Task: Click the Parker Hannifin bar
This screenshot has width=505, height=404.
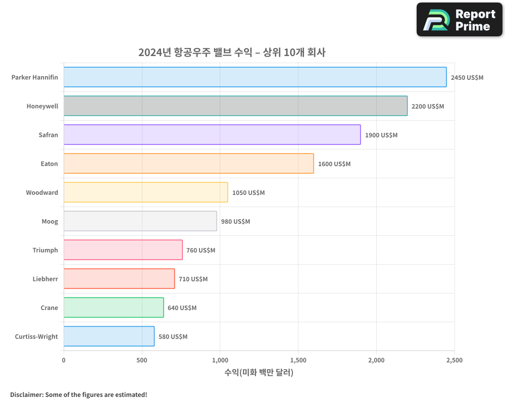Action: (x=255, y=77)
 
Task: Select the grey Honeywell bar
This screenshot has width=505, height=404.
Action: (x=235, y=106)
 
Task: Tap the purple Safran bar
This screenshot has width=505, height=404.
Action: (x=212, y=135)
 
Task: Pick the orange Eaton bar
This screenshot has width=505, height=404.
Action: (x=188, y=164)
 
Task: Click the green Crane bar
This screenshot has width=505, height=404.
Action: (x=114, y=308)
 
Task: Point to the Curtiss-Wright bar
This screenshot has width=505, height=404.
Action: (x=109, y=336)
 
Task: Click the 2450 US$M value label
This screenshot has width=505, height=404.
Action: (x=467, y=78)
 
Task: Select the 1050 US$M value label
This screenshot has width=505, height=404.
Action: (x=248, y=193)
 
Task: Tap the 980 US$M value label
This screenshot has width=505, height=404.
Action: (x=235, y=222)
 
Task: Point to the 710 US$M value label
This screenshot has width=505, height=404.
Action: (x=193, y=279)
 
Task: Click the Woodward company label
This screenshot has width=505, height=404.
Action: (x=42, y=193)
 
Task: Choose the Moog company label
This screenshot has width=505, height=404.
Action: (x=49, y=222)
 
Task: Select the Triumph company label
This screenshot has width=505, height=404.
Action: (x=45, y=250)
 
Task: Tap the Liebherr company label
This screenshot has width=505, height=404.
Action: (x=45, y=279)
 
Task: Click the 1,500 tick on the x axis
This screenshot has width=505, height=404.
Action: (x=298, y=361)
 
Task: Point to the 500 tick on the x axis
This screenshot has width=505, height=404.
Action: (x=142, y=361)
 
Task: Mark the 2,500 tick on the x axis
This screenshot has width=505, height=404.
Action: (x=454, y=361)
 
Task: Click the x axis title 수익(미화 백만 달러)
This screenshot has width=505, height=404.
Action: (x=259, y=373)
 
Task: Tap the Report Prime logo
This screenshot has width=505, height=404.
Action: (x=459, y=20)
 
